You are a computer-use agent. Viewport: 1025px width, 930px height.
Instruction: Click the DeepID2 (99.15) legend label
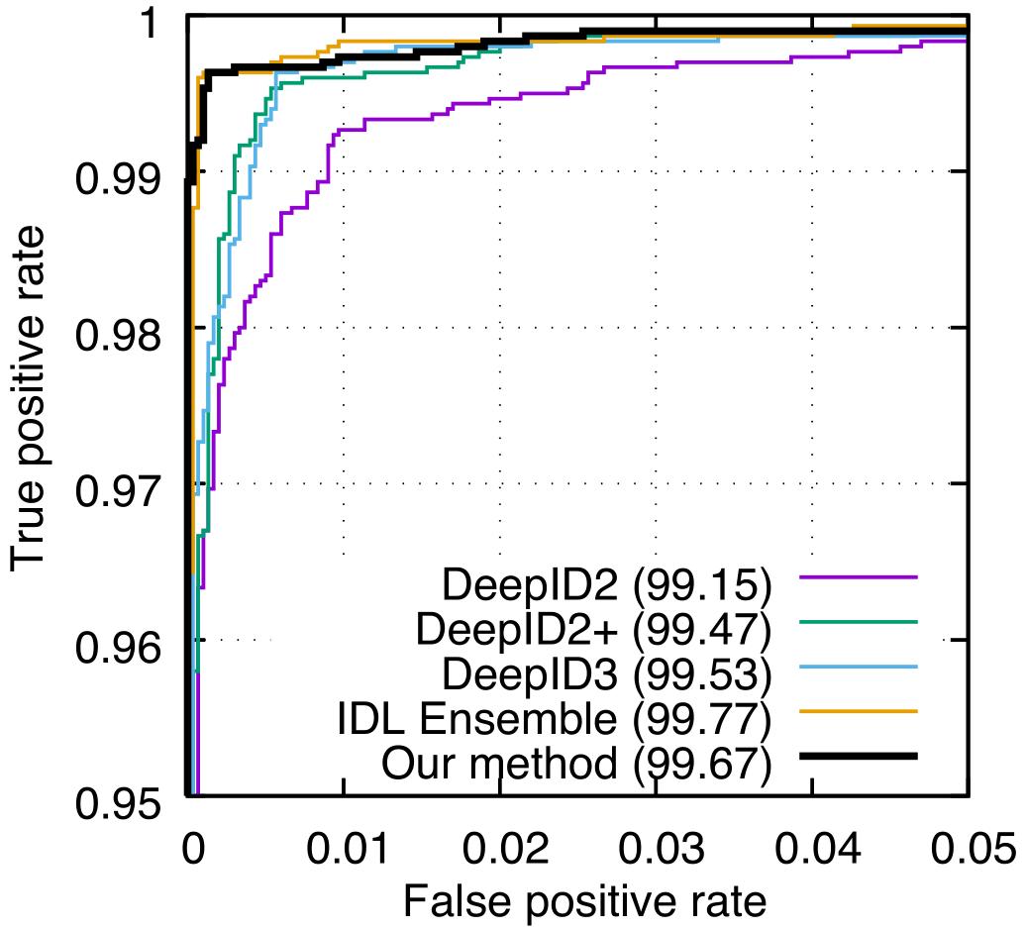[x=606, y=586]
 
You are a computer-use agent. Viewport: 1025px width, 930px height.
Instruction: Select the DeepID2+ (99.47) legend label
[x=594, y=629]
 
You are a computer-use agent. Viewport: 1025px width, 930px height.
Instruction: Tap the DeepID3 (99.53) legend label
[x=606, y=673]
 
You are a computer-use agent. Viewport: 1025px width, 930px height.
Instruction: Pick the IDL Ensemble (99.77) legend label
[x=571, y=718]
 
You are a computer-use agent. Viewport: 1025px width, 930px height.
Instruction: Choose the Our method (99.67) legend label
[x=576, y=763]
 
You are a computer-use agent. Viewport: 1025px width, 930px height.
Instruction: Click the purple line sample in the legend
[x=860, y=576]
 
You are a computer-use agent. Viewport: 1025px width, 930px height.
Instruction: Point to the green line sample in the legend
[x=860, y=621]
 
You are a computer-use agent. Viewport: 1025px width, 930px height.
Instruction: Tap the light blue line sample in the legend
[x=860, y=666]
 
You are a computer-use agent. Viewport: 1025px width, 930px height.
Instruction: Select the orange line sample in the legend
[x=860, y=710]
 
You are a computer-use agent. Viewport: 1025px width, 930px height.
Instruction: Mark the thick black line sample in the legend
[x=860, y=756]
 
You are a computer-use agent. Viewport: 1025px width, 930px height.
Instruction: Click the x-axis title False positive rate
[x=583, y=901]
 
